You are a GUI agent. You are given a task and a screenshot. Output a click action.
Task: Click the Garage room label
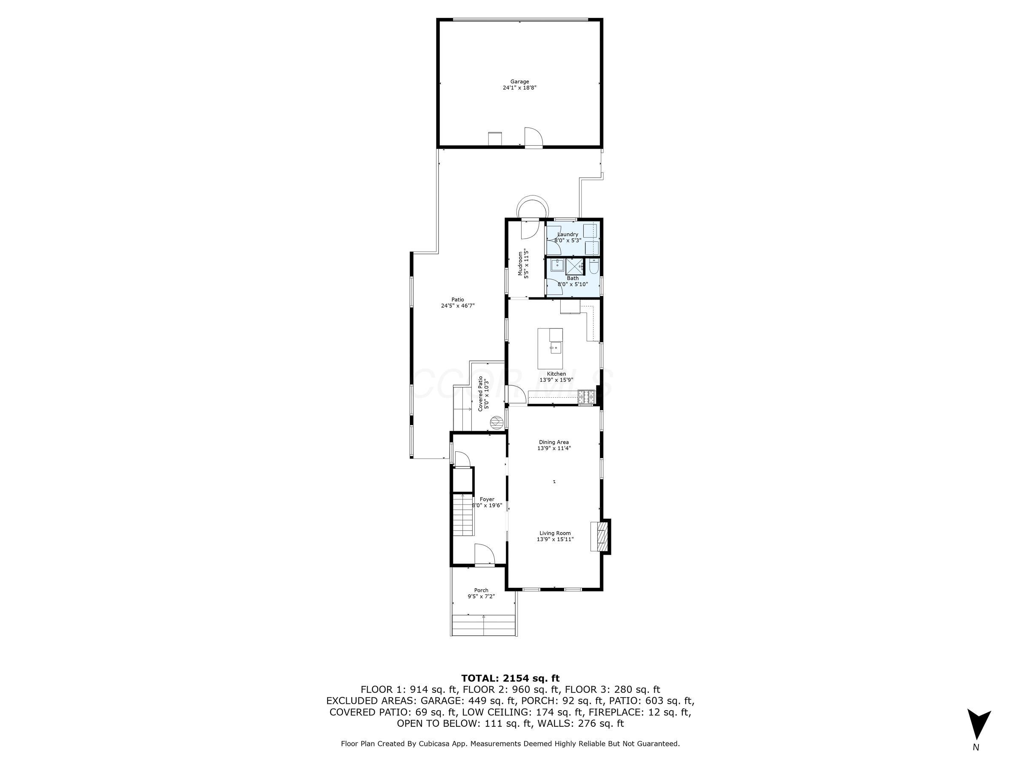point(519,82)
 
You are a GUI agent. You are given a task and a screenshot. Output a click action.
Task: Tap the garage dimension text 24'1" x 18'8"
point(519,88)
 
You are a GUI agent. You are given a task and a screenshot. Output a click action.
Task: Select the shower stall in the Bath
point(574,267)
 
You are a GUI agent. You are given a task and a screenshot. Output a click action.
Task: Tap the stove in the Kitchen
point(587,397)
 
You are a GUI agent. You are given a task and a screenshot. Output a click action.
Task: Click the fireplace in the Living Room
point(601,536)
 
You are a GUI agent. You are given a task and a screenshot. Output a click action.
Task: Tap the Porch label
point(481,590)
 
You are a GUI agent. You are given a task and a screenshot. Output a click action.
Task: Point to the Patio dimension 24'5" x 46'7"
point(457,306)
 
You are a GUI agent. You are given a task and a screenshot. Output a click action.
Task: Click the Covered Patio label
point(480,394)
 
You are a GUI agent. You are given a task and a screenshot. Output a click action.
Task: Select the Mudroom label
point(520,263)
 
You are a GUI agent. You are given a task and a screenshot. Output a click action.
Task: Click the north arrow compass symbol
point(978,726)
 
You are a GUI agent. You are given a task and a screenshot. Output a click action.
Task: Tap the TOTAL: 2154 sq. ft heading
point(510,678)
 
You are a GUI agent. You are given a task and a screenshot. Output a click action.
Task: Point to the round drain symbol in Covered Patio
point(496,421)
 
